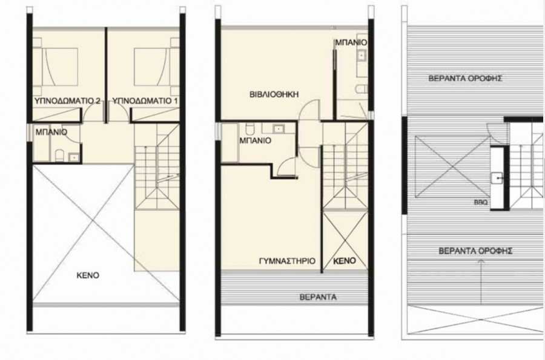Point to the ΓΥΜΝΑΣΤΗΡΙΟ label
(284, 261)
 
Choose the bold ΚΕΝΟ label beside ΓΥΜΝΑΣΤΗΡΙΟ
(344, 261)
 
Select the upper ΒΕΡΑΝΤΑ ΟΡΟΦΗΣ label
(466, 78)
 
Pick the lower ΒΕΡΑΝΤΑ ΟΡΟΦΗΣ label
(475, 250)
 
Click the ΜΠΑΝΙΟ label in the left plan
(51, 131)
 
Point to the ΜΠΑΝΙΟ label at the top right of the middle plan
(351, 43)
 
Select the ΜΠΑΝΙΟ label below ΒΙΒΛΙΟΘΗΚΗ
(255, 140)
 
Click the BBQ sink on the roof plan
(495, 177)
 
